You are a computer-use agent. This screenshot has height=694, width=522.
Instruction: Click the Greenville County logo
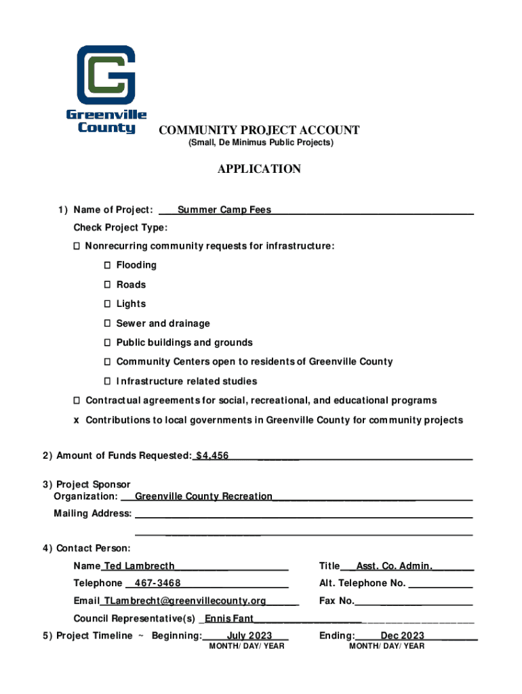coord(106,89)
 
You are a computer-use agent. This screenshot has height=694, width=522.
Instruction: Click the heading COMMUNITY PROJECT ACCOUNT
coord(259,130)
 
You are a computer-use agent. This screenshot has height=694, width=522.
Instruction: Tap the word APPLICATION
coord(259,169)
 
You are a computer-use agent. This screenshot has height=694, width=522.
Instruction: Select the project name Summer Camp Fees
coord(224,210)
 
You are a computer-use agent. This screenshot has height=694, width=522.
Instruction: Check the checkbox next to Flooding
coord(108,265)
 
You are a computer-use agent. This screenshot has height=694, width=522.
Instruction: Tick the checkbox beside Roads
coord(108,285)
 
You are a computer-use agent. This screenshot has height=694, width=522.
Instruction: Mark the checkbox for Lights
coord(108,304)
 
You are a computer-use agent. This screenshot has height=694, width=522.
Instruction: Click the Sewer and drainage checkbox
coord(108,324)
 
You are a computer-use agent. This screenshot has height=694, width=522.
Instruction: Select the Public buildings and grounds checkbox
coord(108,343)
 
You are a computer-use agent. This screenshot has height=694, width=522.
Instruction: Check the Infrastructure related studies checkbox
coord(108,382)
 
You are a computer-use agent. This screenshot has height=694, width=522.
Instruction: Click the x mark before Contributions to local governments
coord(77,420)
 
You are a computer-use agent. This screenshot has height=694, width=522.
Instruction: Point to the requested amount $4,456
coord(212,456)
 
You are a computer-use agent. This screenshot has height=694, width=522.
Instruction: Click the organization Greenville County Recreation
coord(203,497)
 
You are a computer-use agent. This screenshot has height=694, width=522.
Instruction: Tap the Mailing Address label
coord(93,514)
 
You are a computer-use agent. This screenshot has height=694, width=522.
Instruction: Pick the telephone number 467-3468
coord(157,584)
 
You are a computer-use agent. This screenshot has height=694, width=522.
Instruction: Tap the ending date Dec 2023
coord(402,636)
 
